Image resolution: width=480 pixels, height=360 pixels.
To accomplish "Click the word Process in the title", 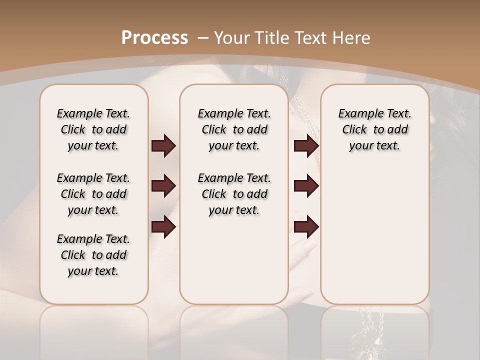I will [154, 37].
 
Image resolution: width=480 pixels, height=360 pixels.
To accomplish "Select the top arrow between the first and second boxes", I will [163, 146].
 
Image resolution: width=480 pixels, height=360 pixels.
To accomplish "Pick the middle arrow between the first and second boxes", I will [163, 186].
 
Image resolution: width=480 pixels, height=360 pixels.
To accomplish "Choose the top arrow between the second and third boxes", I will [306, 146].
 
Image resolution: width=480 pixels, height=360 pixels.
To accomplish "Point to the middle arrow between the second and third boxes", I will [306, 186].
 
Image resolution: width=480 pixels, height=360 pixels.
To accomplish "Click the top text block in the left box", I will [93, 129].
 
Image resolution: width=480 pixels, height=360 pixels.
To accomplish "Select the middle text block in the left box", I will [93, 194].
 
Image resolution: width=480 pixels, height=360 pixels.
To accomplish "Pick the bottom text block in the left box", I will [93, 255].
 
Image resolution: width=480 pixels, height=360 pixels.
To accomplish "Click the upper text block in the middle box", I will [234, 129].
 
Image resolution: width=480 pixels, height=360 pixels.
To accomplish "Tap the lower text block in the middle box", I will [234, 194].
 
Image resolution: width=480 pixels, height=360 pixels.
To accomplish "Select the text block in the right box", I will [374, 129].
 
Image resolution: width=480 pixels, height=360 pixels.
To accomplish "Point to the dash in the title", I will [203, 37].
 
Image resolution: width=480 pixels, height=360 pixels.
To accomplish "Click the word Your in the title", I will [234, 37].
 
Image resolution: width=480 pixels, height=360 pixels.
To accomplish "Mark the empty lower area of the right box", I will [374, 230].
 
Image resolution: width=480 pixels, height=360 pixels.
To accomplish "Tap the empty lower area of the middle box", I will [234, 260].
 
